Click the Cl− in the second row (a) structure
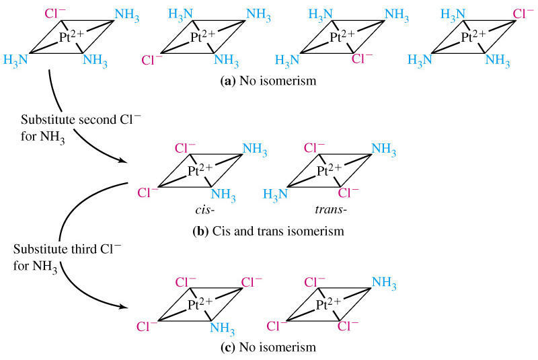[152, 59]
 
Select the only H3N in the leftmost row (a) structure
[15, 59]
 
